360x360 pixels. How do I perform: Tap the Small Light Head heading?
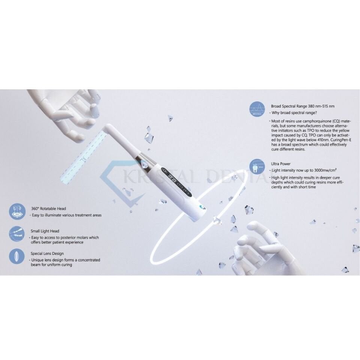[x=45, y=231]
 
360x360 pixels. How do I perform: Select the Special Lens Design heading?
[x=47, y=253]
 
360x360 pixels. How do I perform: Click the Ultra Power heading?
[x=280, y=164]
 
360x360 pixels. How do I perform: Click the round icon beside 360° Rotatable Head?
[x=17, y=211]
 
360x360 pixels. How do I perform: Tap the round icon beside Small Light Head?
[x=17, y=234]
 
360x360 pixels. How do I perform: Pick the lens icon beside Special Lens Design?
[x=17, y=256]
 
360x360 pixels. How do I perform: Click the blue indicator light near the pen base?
[x=202, y=206]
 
